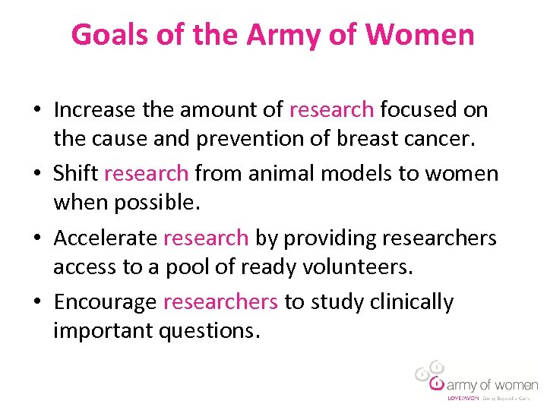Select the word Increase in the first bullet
[96, 110]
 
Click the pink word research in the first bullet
[331, 110]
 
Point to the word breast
[342, 139]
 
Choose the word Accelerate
[106, 238]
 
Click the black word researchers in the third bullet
[439, 238]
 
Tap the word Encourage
[106, 302]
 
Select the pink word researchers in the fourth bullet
[220, 302]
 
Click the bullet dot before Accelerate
[36, 238]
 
